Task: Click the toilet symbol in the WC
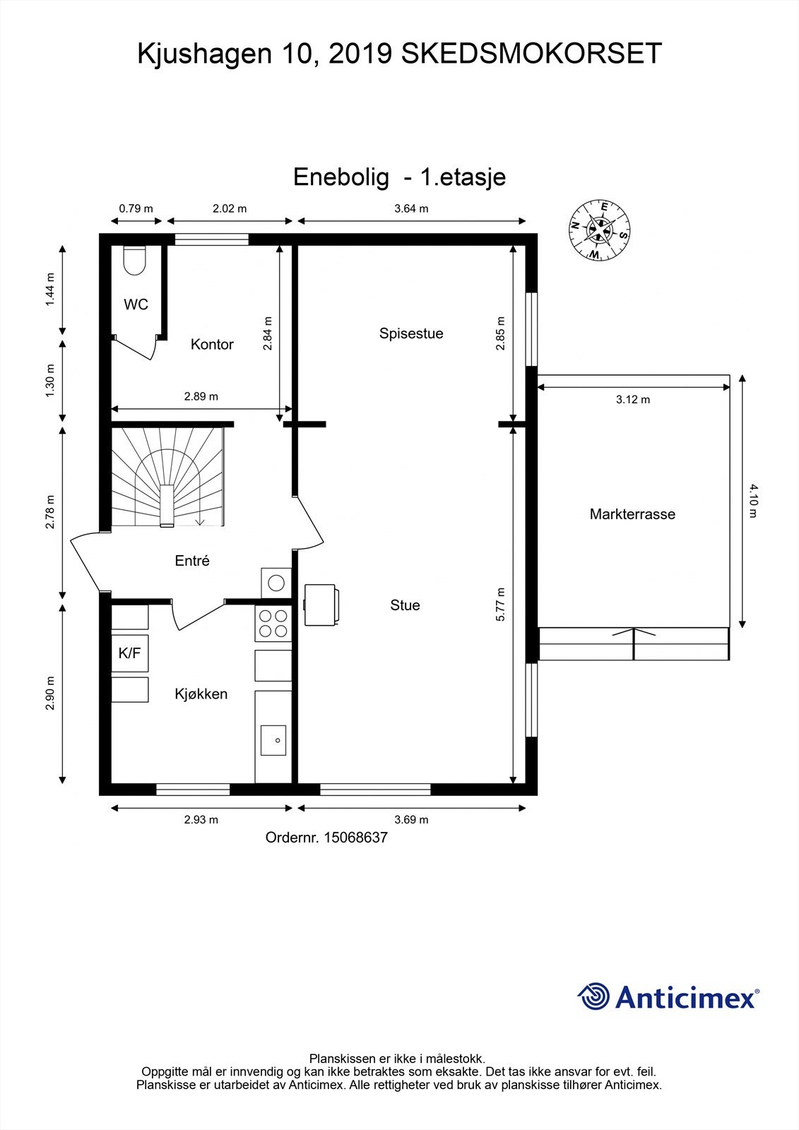tap(135, 260)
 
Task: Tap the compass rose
tap(600, 230)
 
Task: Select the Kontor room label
tap(212, 344)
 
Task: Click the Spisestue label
tap(411, 333)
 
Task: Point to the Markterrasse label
tap(632, 514)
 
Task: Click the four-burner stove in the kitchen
tap(273, 624)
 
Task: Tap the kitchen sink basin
tap(273, 740)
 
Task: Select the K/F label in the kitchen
tap(130, 653)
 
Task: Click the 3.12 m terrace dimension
tap(633, 400)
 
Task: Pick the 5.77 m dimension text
tap(500, 605)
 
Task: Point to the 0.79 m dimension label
tap(136, 208)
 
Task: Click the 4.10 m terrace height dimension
tap(753, 501)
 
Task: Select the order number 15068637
tap(356, 838)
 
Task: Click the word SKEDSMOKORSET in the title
tap(531, 54)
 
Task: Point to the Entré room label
tap(191, 561)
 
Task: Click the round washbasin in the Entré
tap(276, 583)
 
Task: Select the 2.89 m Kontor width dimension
tap(201, 396)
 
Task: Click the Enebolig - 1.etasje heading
tap(399, 177)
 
